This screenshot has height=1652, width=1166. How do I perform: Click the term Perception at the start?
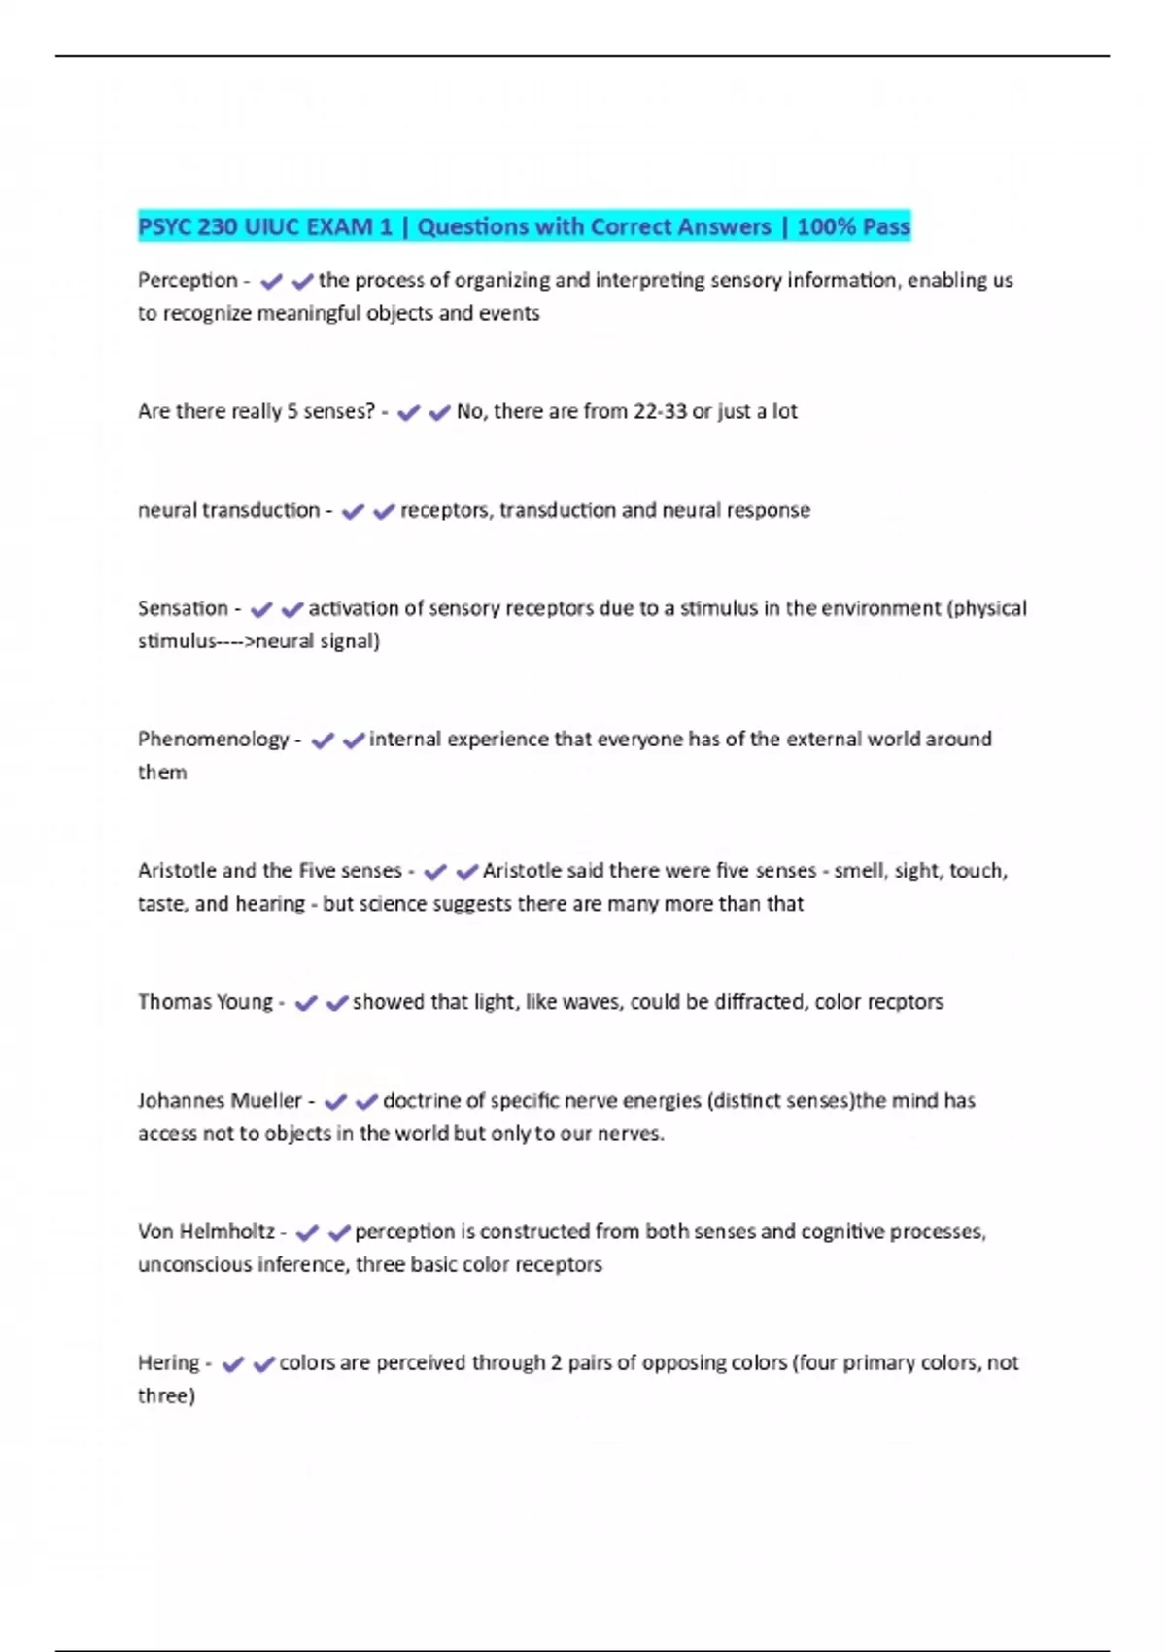click(188, 281)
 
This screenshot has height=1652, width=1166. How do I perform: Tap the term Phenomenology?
click(213, 740)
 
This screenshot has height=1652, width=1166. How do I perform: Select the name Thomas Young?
click(205, 1002)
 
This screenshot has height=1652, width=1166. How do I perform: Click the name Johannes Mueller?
click(220, 1101)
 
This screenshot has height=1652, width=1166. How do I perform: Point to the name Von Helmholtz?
click(206, 1232)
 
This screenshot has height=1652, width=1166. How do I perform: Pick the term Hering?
click(168, 1363)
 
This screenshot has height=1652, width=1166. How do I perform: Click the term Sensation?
click(183, 609)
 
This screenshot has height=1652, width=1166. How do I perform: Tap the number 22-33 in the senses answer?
click(660, 412)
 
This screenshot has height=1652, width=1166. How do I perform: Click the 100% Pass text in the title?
click(853, 227)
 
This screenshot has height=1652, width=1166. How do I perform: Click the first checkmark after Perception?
click(271, 282)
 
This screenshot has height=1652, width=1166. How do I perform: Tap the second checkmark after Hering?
click(263, 1364)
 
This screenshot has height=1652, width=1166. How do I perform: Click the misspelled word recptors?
click(902, 1002)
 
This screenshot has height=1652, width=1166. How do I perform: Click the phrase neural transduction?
click(228, 511)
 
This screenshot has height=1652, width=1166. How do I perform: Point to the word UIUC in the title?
click(273, 227)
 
